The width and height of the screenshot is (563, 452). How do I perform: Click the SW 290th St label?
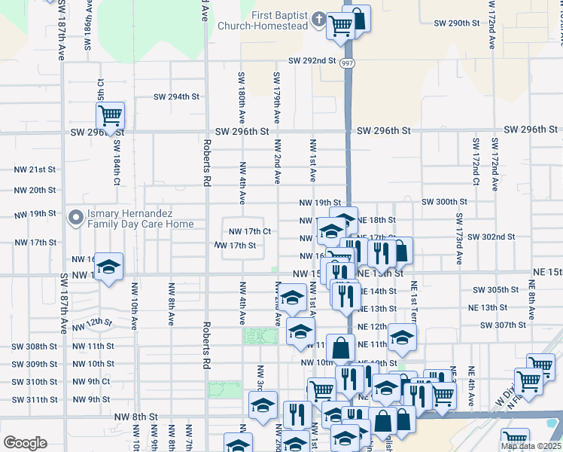pyautogui.click(x=457, y=23)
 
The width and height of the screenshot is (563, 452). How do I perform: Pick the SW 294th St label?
pyautogui.click(x=177, y=96)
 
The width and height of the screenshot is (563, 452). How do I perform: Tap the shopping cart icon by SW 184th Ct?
pyautogui.click(x=110, y=116)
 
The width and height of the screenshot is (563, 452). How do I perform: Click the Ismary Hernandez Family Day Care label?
pyautogui.click(x=140, y=218)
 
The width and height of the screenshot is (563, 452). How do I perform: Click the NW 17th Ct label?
pyautogui.click(x=249, y=231)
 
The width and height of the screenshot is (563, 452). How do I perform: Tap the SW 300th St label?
pyautogui.click(x=444, y=202)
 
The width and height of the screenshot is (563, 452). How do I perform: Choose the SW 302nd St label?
pyautogui.click(x=491, y=237)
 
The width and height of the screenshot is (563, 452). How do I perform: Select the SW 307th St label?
pyautogui.click(x=503, y=325)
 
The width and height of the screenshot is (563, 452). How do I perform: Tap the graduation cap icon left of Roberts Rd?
pyautogui.click(x=109, y=267)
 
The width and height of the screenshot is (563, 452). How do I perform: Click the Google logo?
pyautogui.click(x=25, y=442)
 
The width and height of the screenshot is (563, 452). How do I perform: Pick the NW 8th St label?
pyautogui.click(x=135, y=416)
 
